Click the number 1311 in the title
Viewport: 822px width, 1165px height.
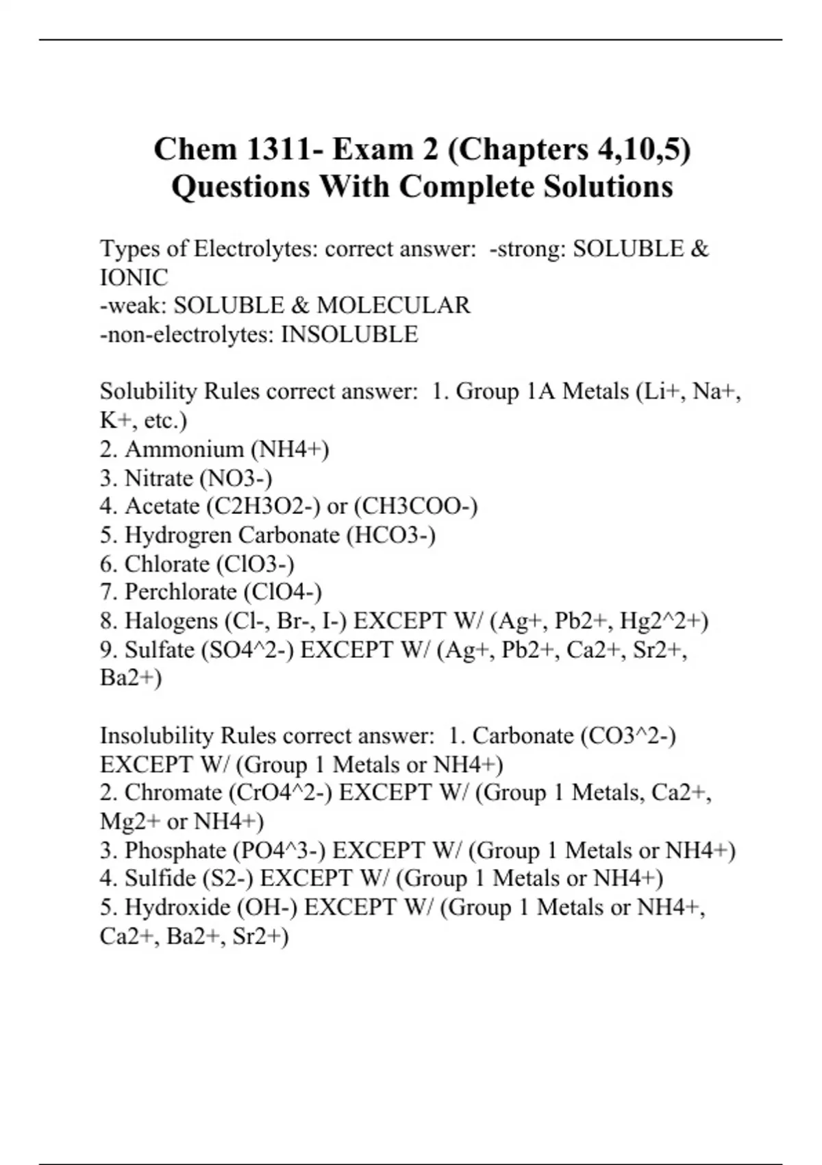[x=272, y=149]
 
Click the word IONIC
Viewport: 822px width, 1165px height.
[x=134, y=278]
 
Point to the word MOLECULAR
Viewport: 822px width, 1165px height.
[x=393, y=306]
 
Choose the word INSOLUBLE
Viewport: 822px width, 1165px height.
[x=349, y=334]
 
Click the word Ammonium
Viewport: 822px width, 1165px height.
[x=184, y=450]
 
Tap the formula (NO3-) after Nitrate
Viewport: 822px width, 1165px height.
[x=236, y=478]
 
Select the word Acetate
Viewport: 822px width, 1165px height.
[x=162, y=506]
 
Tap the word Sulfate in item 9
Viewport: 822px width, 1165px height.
[x=160, y=650]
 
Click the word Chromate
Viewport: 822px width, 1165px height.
[x=173, y=793]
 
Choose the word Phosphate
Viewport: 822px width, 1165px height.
[x=175, y=850]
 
